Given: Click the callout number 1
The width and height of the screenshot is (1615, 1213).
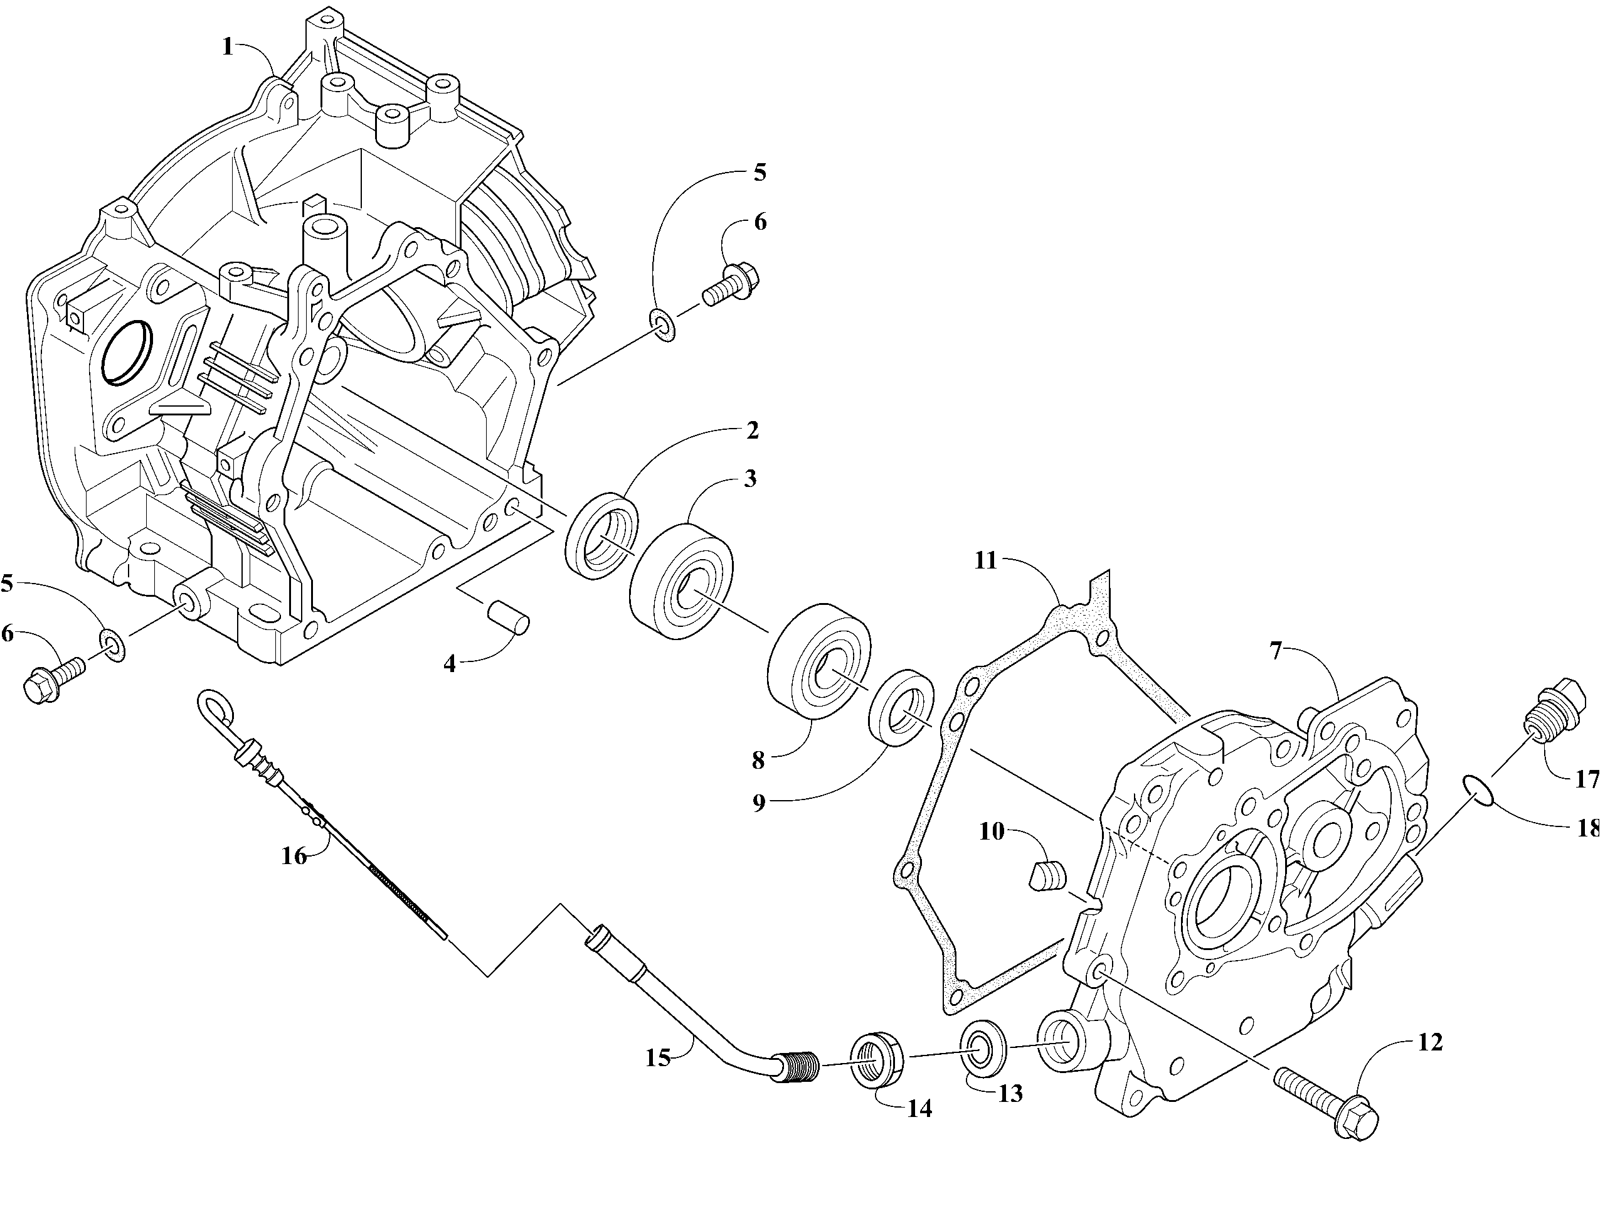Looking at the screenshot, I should click(x=227, y=48).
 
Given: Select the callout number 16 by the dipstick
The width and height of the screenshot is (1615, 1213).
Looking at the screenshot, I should click(x=294, y=856).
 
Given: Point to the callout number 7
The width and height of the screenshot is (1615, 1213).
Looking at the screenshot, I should click(x=1276, y=651).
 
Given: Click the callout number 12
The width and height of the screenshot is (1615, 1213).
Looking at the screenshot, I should click(x=1429, y=1043).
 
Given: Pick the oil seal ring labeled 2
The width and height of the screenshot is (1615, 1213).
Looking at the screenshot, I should click(x=602, y=537).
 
